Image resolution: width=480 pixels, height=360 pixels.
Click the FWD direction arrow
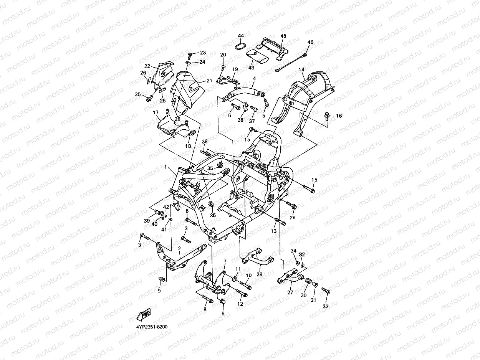pos(144,315)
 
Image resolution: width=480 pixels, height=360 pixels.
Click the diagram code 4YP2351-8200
pos(152,327)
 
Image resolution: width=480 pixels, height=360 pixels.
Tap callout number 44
pos(241,36)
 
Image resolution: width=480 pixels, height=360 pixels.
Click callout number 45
pos(283,36)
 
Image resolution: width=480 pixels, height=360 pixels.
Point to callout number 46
pos(310,42)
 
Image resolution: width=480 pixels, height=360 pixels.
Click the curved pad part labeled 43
pos(258,57)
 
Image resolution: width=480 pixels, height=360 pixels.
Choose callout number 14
pos(301,69)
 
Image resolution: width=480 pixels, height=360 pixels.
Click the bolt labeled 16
pos(327,116)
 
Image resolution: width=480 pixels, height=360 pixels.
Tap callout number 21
pos(209,81)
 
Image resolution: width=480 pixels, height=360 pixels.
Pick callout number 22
pos(147,66)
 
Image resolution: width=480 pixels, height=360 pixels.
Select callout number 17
pos(156,112)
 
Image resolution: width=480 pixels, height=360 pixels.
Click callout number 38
pos(204,141)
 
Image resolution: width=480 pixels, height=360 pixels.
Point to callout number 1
pos(166,167)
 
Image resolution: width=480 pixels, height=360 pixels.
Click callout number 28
pos(259,274)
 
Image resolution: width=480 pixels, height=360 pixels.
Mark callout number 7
pos(225,260)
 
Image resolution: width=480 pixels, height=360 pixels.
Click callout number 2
pos(179,248)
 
